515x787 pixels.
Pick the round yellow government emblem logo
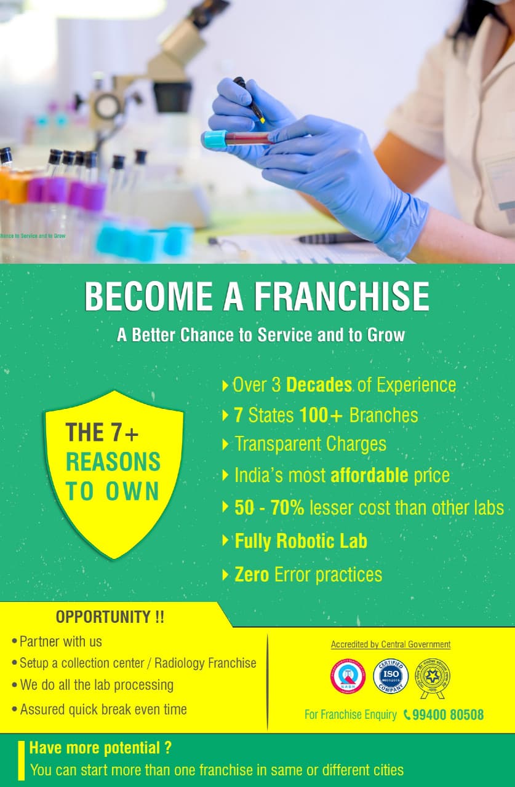point(434,678)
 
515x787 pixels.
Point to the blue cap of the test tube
point(215,139)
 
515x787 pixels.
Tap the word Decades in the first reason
point(319,386)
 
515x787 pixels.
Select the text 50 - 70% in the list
point(269,508)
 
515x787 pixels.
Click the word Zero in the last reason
point(252,575)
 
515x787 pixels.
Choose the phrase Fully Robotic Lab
point(301,541)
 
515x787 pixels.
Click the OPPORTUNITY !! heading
point(110,616)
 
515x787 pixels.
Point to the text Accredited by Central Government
point(391,644)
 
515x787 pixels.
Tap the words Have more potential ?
point(100,748)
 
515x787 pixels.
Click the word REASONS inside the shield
point(113,462)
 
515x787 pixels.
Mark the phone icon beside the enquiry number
point(407,714)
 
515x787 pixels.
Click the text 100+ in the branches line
point(321,415)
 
